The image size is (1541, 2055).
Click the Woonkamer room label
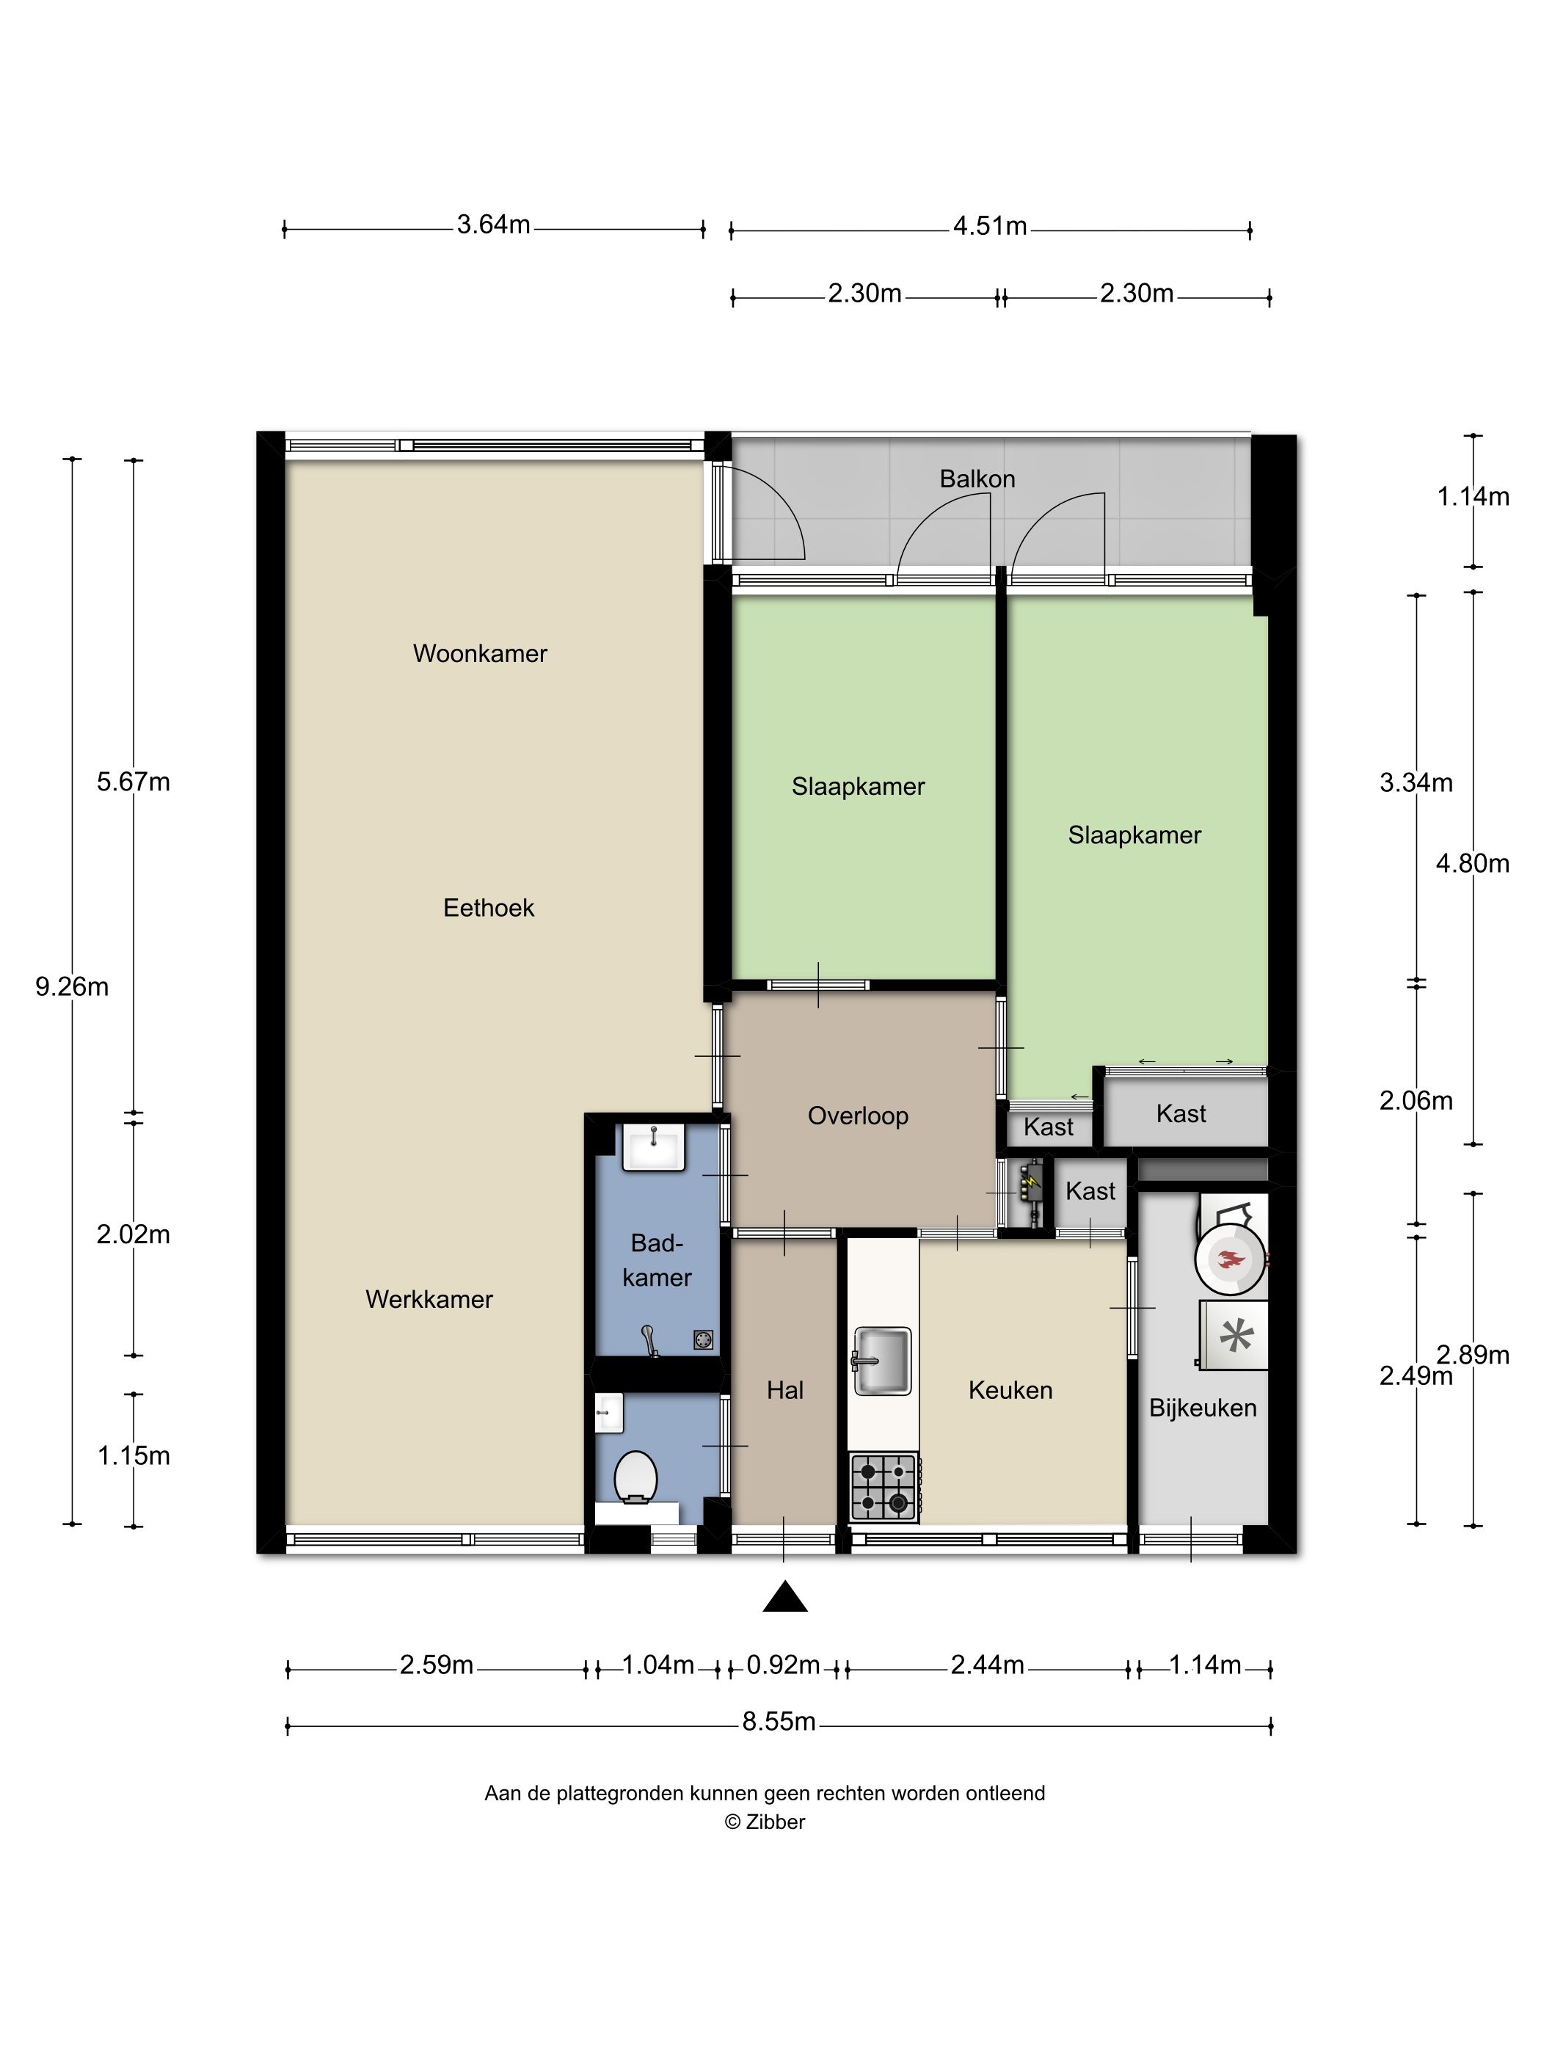[479, 653]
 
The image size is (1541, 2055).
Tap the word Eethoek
[489, 908]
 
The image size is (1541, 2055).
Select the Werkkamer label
[429, 1299]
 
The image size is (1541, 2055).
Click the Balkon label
[977, 479]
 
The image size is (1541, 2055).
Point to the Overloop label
[857, 1116]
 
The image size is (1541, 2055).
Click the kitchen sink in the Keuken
[881, 1361]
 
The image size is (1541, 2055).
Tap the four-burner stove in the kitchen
[884, 1488]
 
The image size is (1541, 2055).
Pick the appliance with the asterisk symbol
[1234, 1336]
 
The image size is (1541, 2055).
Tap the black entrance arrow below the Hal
[785, 1596]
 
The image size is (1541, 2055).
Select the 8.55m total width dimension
[779, 1722]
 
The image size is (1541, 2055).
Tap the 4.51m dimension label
[989, 226]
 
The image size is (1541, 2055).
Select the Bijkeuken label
[1203, 1408]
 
